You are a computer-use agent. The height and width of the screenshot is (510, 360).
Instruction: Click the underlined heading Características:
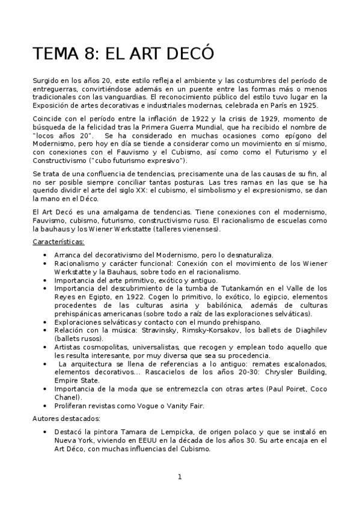click(x=58, y=242)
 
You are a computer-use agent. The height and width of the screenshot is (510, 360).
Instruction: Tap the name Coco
click(x=318, y=389)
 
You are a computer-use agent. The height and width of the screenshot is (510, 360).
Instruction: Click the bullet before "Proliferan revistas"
click(x=46, y=406)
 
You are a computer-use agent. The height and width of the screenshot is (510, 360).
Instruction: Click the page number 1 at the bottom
click(x=179, y=477)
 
